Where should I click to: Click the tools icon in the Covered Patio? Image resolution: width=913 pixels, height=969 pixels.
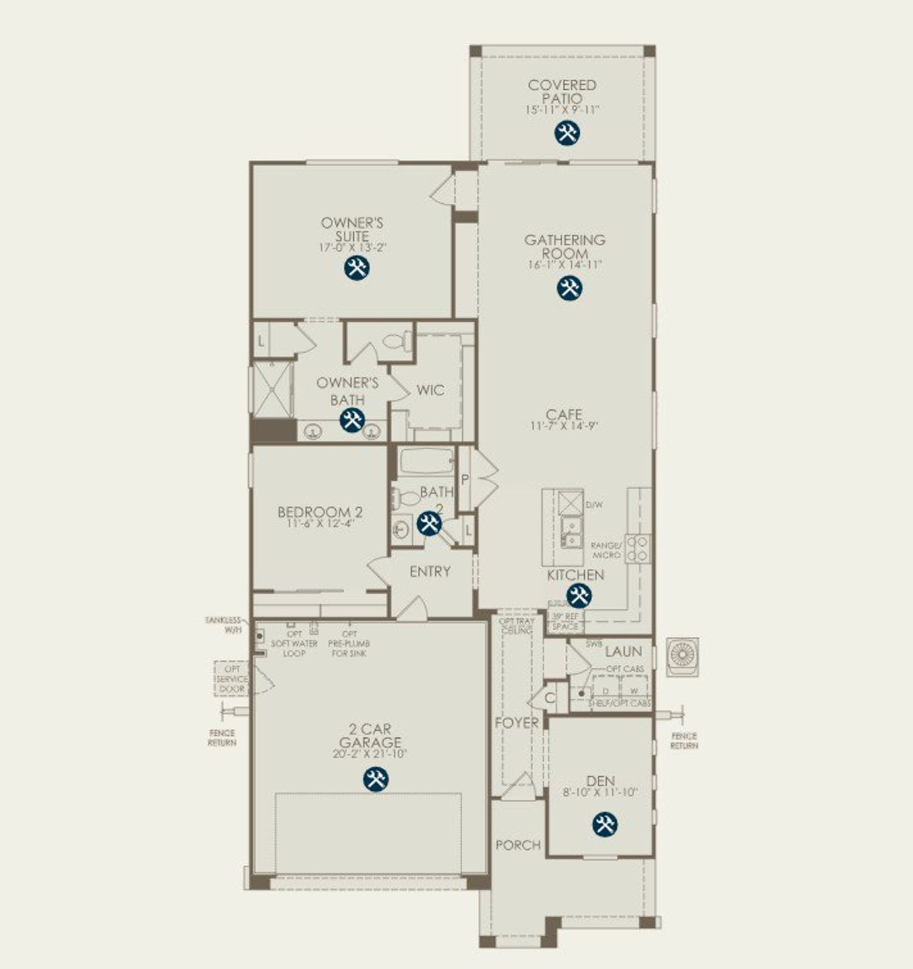[x=567, y=133]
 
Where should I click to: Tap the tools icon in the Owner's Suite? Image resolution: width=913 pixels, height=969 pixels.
[x=356, y=268]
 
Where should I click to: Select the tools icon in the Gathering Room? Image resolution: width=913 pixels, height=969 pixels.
[x=568, y=288]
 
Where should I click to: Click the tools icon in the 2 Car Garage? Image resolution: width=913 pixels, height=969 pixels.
[x=375, y=779]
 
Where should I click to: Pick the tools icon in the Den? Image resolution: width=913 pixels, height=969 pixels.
[x=604, y=824]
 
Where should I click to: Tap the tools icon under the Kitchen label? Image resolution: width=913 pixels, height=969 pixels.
[x=578, y=595]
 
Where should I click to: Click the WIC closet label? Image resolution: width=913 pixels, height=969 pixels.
[x=430, y=390]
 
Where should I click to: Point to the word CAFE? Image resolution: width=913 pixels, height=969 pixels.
[x=563, y=414]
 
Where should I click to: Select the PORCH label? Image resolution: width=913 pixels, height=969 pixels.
[x=518, y=845]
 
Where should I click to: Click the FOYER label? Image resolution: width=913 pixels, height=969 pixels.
[x=516, y=723]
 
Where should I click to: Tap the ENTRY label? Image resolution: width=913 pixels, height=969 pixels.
[x=429, y=571]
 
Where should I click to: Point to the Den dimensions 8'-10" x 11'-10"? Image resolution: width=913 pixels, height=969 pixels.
[x=601, y=792]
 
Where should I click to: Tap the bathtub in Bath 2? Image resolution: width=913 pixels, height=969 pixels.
[x=427, y=461]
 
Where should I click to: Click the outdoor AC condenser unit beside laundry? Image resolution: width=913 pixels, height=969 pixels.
[x=683, y=657]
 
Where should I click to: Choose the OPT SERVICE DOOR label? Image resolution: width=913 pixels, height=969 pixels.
[x=233, y=680]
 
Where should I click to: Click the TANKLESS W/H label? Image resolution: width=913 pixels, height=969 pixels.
[x=224, y=625]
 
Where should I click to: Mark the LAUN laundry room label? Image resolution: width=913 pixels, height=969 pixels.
[x=623, y=651]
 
